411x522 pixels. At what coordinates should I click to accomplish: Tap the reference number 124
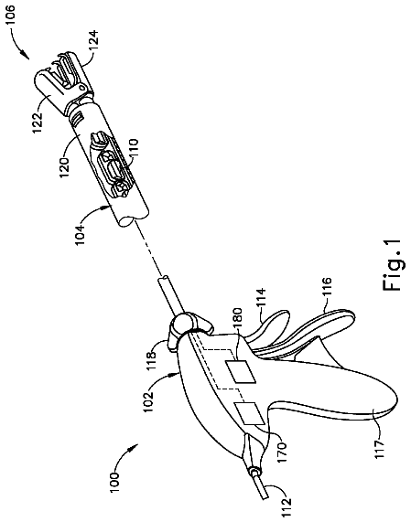pyautogui.click(x=92, y=40)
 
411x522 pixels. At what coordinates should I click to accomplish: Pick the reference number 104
pyautogui.click(x=81, y=234)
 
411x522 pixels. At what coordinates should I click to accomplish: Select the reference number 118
pyautogui.click(x=152, y=359)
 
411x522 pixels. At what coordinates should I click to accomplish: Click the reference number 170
pyautogui.click(x=281, y=449)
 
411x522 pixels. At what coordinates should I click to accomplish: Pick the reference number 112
pyautogui.click(x=287, y=506)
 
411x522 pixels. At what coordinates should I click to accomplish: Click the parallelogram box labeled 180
pyautogui.click(x=242, y=371)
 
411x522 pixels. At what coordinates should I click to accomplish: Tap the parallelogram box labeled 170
pyautogui.click(x=250, y=414)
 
